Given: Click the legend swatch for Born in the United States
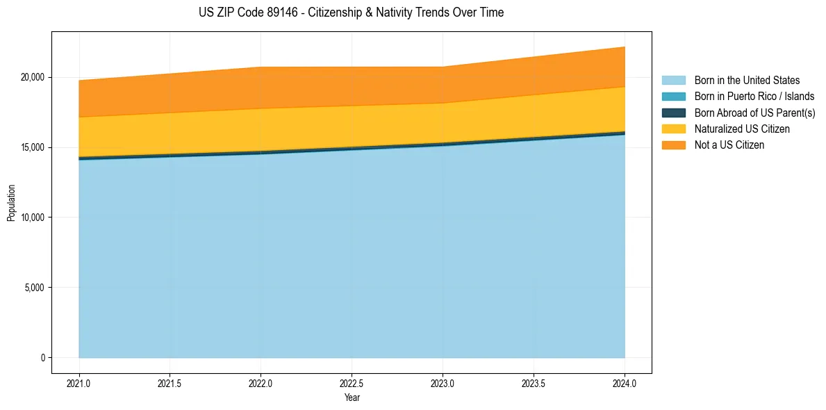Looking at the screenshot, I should coord(673,81).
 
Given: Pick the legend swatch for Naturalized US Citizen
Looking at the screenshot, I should coord(673,129).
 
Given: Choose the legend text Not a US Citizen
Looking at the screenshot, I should coord(729,145).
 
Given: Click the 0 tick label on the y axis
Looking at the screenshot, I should coord(43,358).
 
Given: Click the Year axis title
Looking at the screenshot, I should coord(352,398).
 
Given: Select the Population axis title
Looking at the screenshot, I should coord(11,203).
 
